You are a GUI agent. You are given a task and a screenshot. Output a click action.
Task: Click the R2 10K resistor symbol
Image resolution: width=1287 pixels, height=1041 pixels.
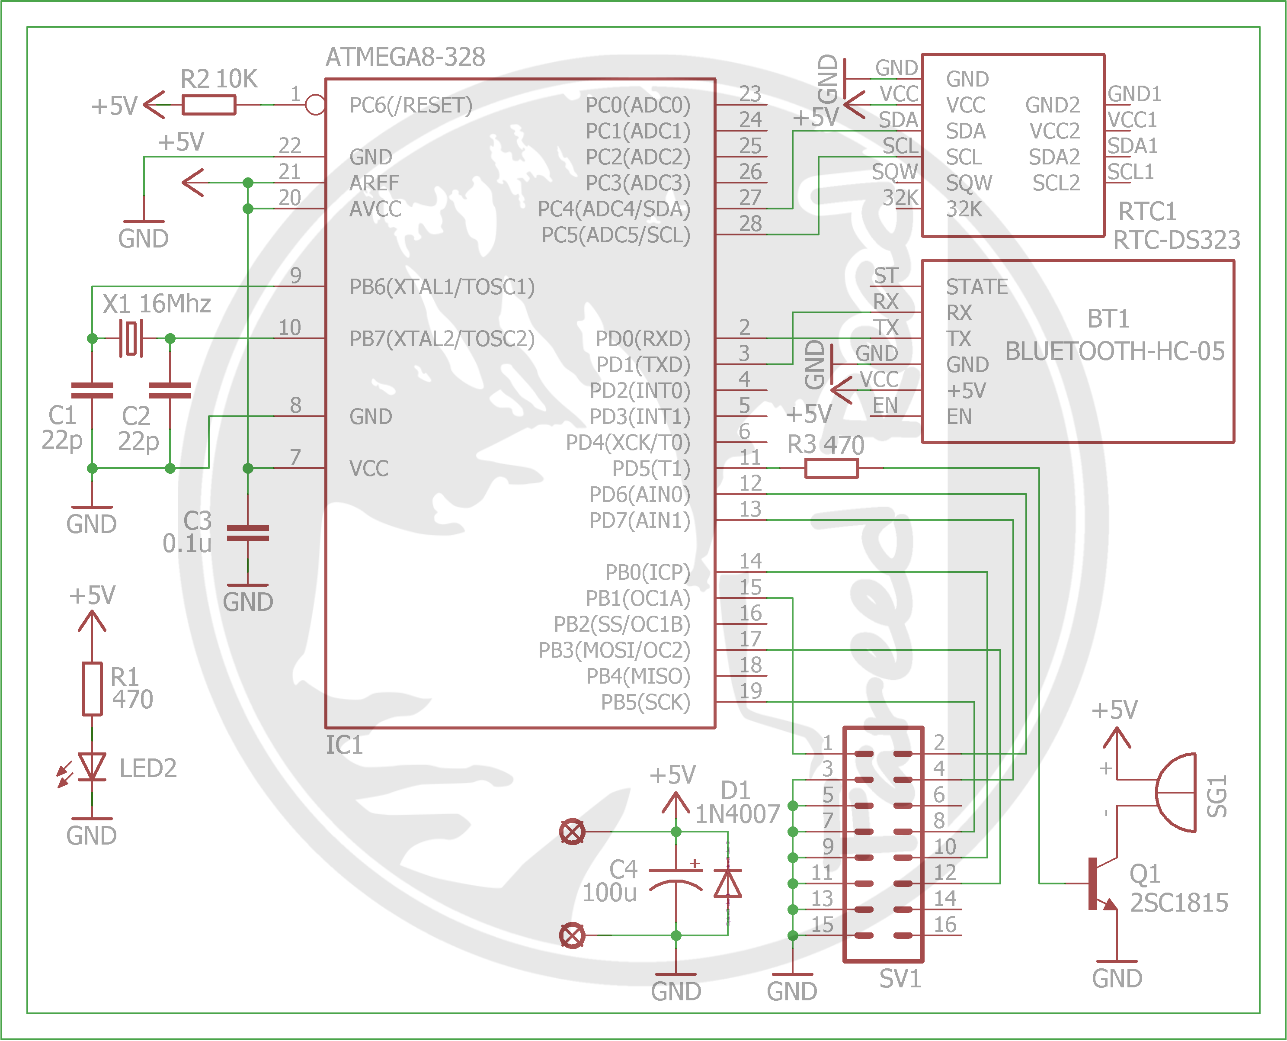point(208,105)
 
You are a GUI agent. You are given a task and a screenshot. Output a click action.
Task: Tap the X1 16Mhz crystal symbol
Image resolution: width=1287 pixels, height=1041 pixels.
point(131,338)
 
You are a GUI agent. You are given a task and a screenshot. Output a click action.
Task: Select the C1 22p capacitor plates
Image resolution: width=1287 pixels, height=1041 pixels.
point(92,390)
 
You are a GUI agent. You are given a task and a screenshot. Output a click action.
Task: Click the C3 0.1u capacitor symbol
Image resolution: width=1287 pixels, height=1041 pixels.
point(247,533)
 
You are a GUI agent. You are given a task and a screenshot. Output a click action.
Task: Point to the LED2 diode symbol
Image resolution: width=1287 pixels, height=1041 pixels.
point(92,767)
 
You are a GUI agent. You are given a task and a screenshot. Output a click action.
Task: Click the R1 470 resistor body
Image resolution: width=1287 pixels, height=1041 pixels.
point(92,688)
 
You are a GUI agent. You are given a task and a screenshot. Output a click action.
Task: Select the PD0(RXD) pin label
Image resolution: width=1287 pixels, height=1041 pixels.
point(642,339)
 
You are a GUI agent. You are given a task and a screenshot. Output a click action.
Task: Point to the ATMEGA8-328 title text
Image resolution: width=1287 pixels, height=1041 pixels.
point(405,58)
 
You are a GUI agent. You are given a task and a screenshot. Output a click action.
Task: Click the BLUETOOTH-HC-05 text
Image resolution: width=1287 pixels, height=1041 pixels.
point(1114,351)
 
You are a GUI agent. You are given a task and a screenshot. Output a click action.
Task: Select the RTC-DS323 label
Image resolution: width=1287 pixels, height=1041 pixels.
point(1176,240)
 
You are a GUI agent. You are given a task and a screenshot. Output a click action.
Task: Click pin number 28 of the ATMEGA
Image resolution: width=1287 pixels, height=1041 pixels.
point(750,224)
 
